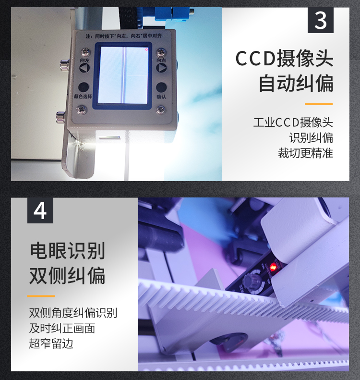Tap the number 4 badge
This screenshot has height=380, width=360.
40,211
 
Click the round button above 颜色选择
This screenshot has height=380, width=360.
84,87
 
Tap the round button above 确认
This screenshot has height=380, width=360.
161,87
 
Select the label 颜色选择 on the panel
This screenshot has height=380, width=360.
83,97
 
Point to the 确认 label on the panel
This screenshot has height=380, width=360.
161,97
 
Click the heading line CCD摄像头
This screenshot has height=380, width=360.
284,59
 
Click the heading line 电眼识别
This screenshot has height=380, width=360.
67,251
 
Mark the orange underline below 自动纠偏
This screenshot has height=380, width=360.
318,104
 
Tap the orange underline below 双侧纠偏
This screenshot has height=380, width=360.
41,296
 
